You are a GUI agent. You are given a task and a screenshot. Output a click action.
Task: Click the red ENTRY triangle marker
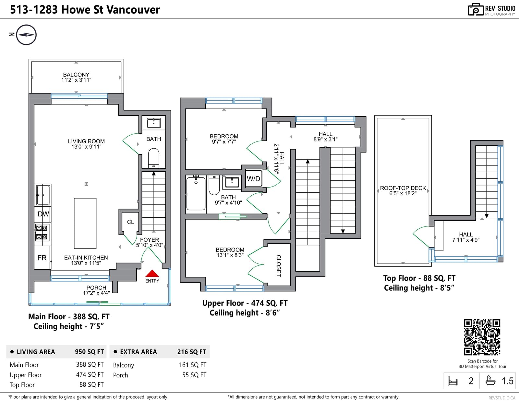(x=152, y=273)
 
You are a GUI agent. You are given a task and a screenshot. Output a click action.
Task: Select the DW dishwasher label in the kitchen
(x=43, y=214)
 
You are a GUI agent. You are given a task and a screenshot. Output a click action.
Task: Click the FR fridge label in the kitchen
(x=42, y=258)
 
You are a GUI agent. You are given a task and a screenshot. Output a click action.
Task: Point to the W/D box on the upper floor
(x=253, y=178)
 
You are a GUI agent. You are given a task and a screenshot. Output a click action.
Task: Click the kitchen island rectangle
(x=85, y=223)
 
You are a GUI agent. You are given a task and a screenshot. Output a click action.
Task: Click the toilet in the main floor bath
(x=154, y=158)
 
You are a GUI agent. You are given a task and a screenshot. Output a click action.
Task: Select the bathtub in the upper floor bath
(x=196, y=193)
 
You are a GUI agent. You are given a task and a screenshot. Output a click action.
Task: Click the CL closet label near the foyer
(x=130, y=222)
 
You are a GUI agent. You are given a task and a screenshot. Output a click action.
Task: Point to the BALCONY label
(x=76, y=75)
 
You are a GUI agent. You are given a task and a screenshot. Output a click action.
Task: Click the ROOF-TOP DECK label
(x=403, y=188)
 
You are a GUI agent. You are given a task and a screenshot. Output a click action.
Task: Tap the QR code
(x=482, y=337)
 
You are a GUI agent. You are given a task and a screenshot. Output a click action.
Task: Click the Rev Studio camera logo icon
(x=476, y=9)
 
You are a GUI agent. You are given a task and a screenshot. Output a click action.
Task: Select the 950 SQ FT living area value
(x=89, y=352)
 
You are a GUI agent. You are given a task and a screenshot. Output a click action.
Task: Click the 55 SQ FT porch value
(x=194, y=375)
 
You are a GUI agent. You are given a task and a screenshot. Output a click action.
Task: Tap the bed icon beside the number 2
(x=453, y=381)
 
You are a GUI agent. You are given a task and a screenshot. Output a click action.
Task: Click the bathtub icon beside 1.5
(x=490, y=380)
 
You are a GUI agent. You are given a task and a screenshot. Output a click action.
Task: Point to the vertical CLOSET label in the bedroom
(x=279, y=266)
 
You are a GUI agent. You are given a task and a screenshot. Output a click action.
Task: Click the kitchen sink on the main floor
(x=43, y=195)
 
